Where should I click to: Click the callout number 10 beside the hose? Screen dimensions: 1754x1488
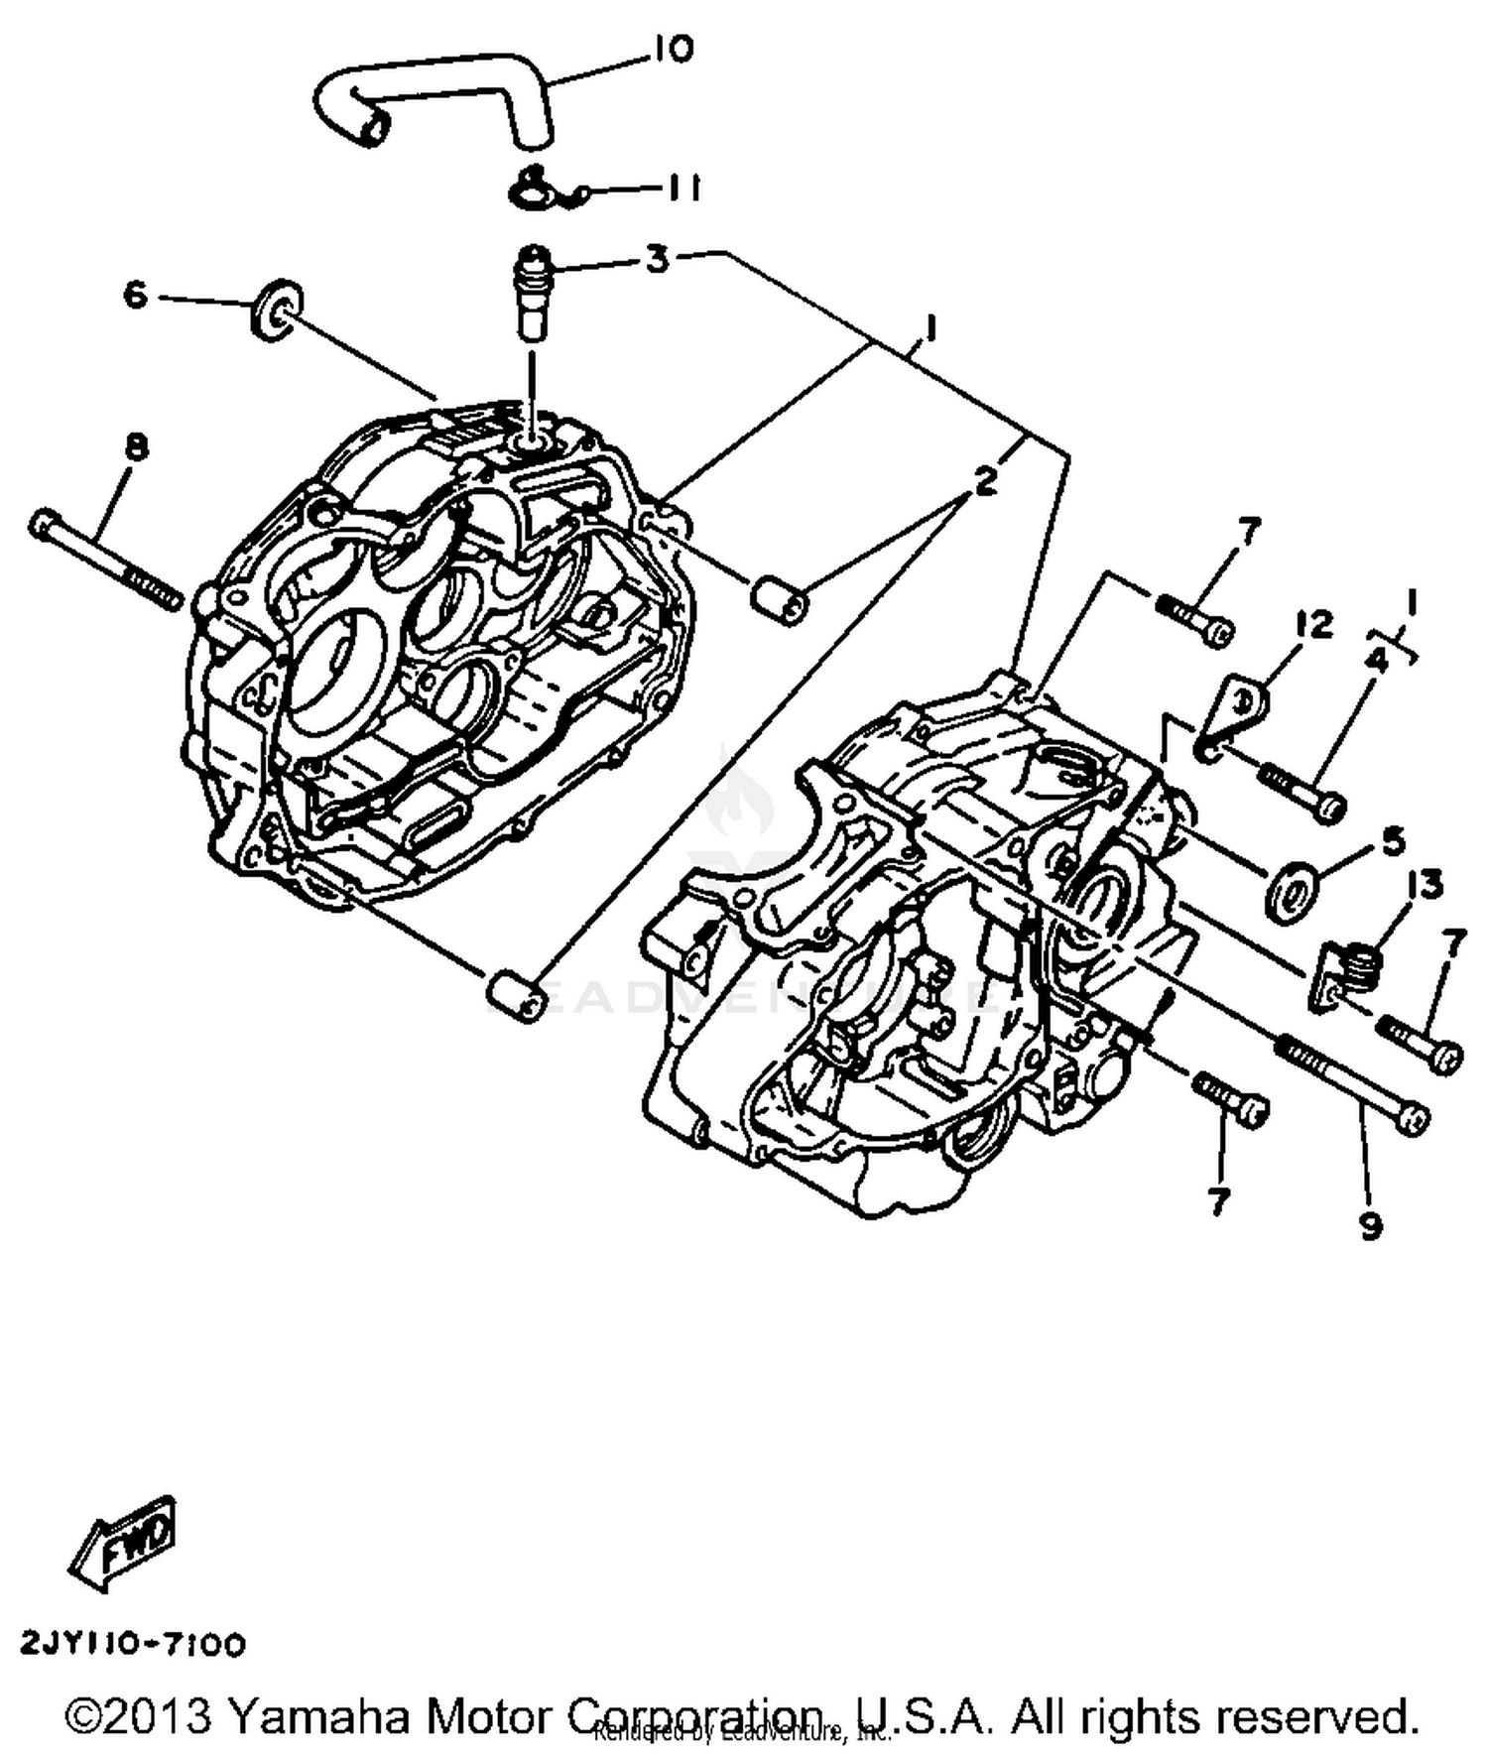click(674, 49)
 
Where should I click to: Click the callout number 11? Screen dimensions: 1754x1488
click(682, 188)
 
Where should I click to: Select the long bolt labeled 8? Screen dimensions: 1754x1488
click(104, 561)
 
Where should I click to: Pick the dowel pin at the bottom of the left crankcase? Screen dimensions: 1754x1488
click(514, 995)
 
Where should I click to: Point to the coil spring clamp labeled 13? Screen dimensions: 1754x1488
click(1349, 972)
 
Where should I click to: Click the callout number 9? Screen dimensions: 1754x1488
click(1370, 1226)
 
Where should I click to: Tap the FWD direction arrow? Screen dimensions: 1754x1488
click(125, 1543)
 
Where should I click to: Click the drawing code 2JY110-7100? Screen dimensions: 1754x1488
click(133, 1644)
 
